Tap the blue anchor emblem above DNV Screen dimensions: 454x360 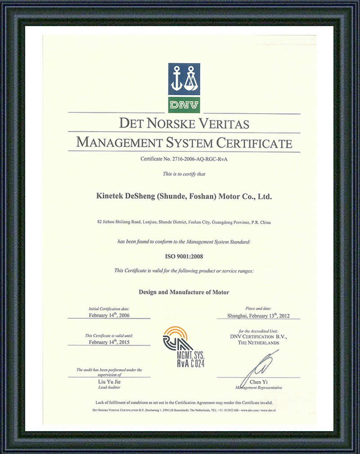click(184, 79)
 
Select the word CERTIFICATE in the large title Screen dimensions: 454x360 click(254, 143)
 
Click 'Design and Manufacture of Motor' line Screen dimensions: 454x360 click(184, 292)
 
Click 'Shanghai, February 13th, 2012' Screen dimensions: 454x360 click(259, 315)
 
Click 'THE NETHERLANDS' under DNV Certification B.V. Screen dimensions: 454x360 click(259, 343)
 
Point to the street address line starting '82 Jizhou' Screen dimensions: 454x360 click(184, 222)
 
